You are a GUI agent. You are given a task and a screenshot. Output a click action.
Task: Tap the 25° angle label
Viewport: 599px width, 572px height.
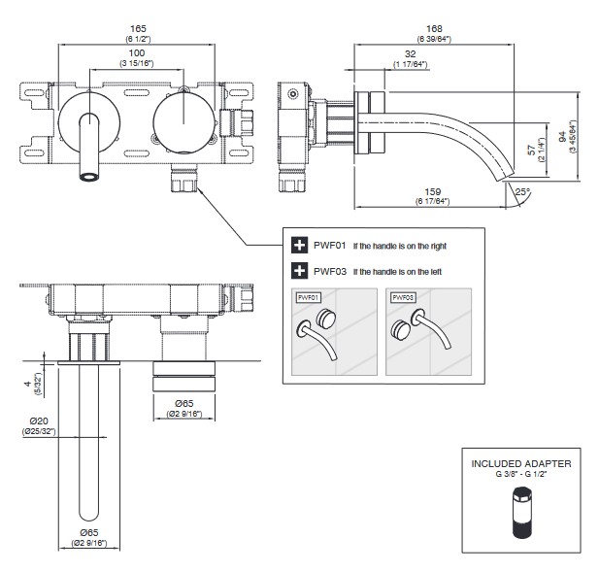pos(523,192)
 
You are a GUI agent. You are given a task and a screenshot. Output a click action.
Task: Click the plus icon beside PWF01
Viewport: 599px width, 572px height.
pos(299,247)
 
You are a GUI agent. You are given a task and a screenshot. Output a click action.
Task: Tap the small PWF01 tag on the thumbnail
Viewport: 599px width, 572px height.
pos(309,296)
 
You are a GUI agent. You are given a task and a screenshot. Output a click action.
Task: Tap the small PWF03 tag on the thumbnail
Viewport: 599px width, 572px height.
pos(401,296)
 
